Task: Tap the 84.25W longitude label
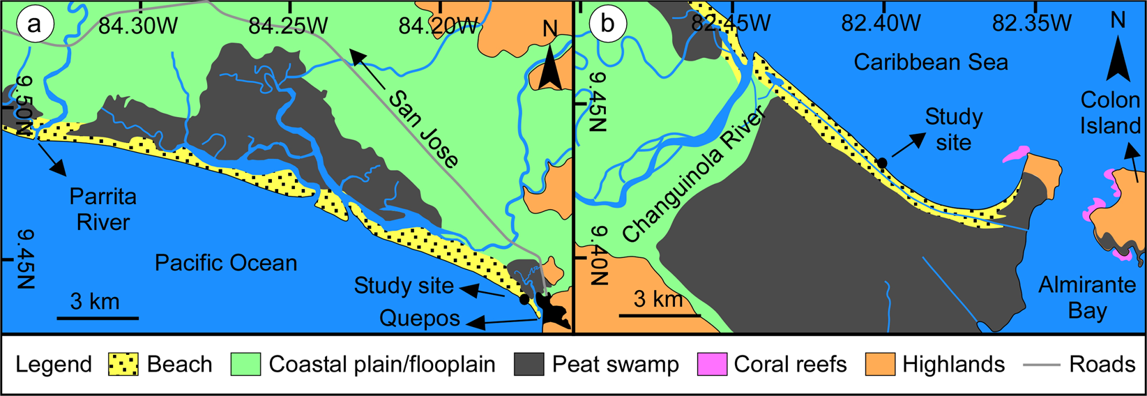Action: coord(288,26)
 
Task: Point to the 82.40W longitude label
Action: coord(881,24)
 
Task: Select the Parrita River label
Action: coord(103,209)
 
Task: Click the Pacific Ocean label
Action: coord(226,263)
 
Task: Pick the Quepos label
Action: coord(420,319)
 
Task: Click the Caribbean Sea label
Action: coord(931,63)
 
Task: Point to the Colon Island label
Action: coord(1110,112)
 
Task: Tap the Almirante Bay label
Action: coord(1087,297)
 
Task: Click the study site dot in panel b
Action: coord(882,162)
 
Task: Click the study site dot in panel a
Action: coord(524,300)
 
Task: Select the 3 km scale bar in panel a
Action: coord(97,318)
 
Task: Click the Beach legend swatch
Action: coord(123,364)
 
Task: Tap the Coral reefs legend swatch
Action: coord(712,364)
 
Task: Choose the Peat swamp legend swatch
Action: coord(529,364)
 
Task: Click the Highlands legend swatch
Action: coord(880,364)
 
